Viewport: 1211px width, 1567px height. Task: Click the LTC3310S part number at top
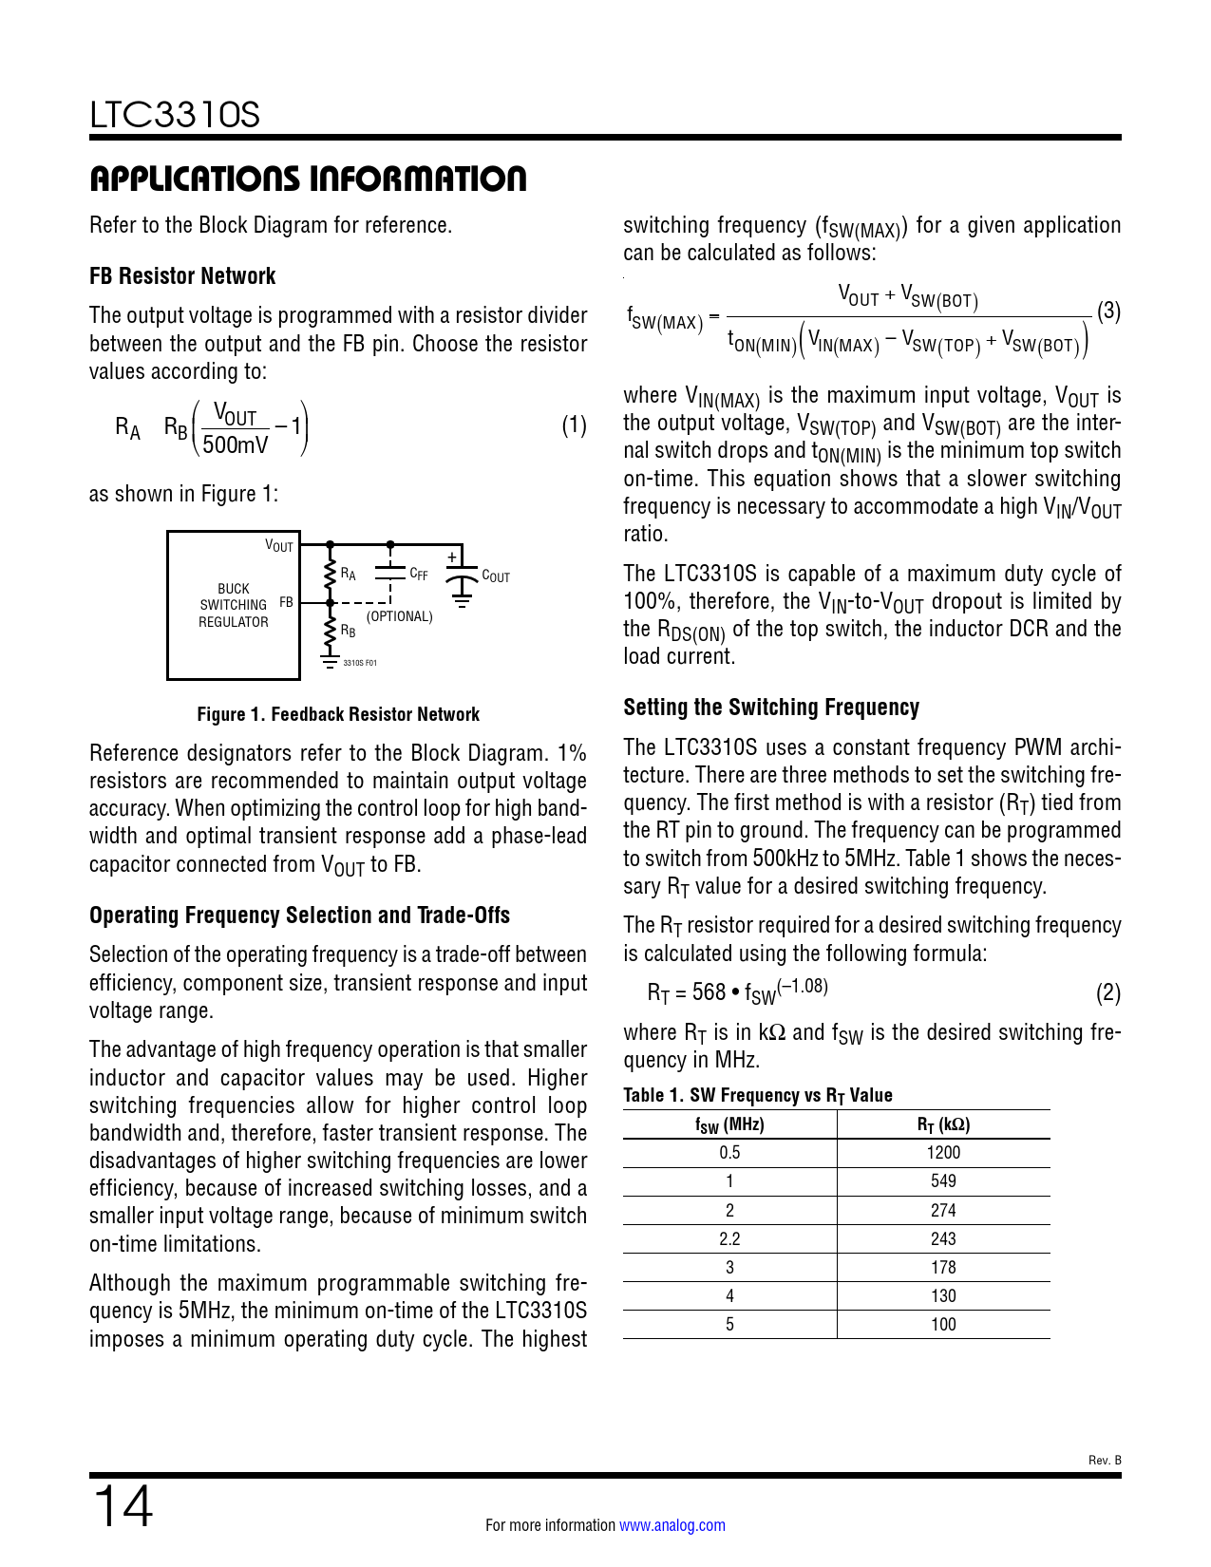pyautogui.click(x=175, y=115)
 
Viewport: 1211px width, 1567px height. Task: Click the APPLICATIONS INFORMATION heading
pyautogui.click(x=308, y=179)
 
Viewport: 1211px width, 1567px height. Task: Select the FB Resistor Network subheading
pyautogui.click(x=182, y=276)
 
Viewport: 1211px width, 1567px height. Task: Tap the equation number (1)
pyautogui.click(x=574, y=425)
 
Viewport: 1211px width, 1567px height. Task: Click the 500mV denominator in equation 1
pyautogui.click(x=236, y=444)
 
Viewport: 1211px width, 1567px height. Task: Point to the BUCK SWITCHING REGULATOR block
pyautogui.click(x=234, y=605)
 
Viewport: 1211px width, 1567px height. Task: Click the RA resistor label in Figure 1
pyautogui.click(x=349, y=574)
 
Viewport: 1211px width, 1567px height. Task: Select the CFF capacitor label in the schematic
pyautogui.click(x=419, y=574)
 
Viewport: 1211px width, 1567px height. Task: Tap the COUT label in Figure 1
pyautogui.click(x=496, y=576)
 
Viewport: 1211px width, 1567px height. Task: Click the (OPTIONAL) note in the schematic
pyautogui.click(x=399, y=616)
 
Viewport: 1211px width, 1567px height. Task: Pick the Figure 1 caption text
pyautogui.click(x=338, y=714)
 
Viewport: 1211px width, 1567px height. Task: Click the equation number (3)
pyautogui.click(x=1108, y=312)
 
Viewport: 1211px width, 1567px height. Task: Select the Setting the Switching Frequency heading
pyautogui.click(x=771, y=708)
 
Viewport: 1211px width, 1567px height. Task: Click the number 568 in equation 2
pyautogui.click(x=709, y=992)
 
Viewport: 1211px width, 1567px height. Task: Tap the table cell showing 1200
pyautogui.click(x=943, y=1152)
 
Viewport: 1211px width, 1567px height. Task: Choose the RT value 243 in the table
pyautogui.click(x=943, y=1238)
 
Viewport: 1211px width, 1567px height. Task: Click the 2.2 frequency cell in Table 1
pyautogui.click(x=729, y=1238)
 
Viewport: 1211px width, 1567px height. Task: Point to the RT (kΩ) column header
pyautogui.click(x=943, y=1124)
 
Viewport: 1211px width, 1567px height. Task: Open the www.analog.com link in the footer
pyautogui.click(x=672, y=1525)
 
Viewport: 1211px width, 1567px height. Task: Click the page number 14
pyautogui.click(x=123, y=1507)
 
